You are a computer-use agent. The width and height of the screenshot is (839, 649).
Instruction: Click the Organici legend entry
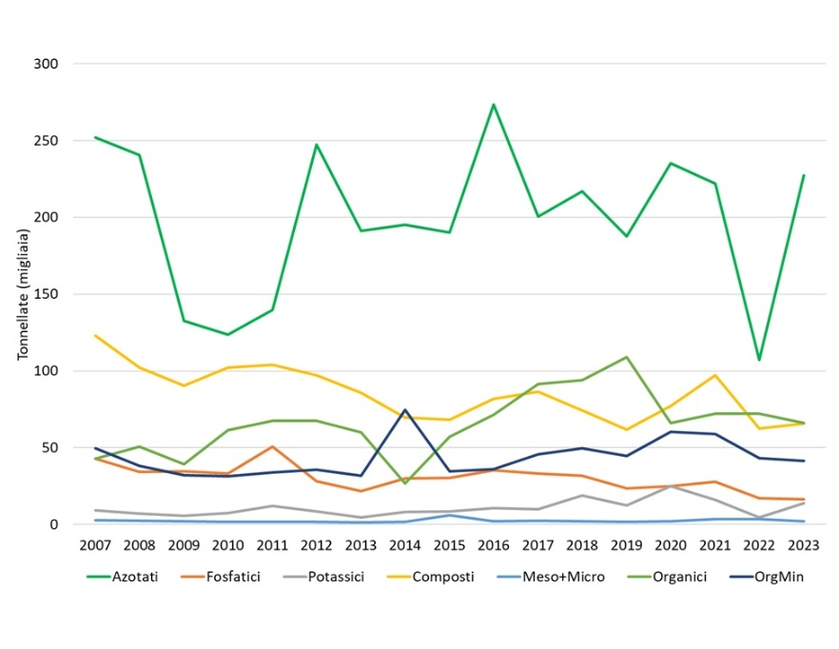pyautogui.click(x=679, y=577)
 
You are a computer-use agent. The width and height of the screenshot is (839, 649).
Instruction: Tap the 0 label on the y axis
pyautogui.click(x=55, y=524)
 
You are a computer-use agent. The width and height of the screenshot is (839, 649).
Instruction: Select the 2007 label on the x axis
pyautogui.click(x=95, y=544)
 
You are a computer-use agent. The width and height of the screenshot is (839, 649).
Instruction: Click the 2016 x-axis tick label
pyautogui.click(x=493, y=544)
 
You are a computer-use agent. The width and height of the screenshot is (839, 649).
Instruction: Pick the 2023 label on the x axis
pyautogui.click(x=803, y=544)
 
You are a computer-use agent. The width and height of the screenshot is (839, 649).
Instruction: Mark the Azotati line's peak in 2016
pyautogui.click(x=493, y=105)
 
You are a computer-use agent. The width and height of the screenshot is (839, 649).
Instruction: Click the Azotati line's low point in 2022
pyautogui.click(x=758, y=360)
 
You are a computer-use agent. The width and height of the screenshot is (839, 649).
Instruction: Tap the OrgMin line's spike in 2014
pyautogui.click(x=404, y=410)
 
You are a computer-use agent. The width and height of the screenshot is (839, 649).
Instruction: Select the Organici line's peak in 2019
pyautogui.click(x=626, y=357)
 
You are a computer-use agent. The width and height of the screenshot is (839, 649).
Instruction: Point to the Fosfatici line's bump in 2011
pyautogui.click(x=272, y=446)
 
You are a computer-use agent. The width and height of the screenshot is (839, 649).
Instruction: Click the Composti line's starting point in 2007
pyautogui.click(x=95, y=335)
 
